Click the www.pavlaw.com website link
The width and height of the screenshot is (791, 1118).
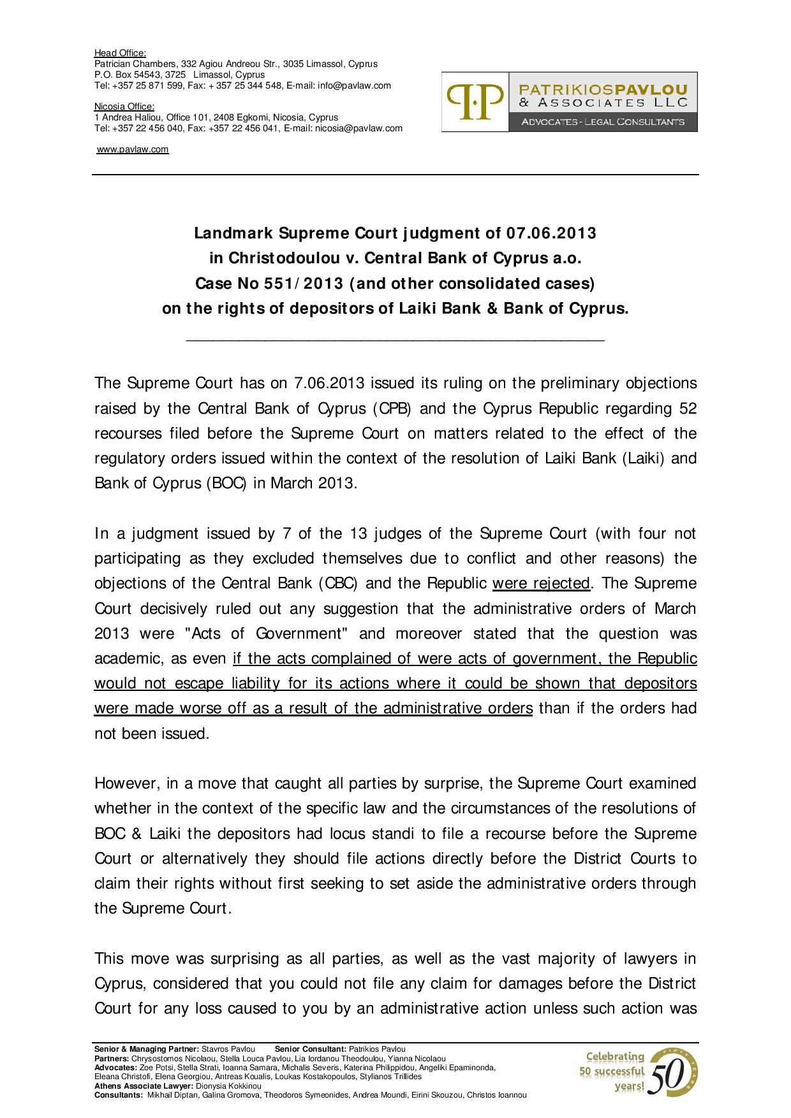coord(132,149)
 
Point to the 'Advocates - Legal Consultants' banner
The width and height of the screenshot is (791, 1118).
coord(603,122)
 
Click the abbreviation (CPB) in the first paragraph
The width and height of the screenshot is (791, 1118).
coord(392,409)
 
